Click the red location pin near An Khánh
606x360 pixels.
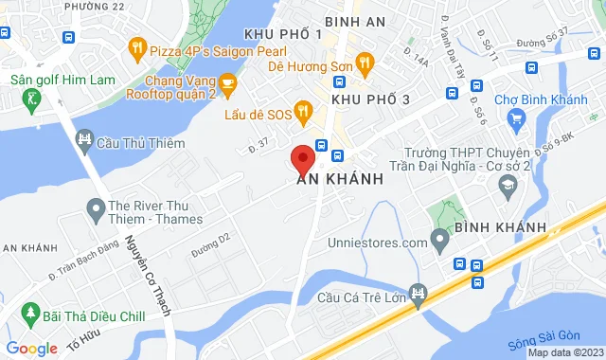coord(303,158)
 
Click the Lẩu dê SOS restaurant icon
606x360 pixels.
coord(303,113)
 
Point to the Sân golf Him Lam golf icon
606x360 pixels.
coord(32,98)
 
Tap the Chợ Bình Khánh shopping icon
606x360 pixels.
coord(517,117)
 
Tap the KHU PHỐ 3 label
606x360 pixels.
coord(370,99)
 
